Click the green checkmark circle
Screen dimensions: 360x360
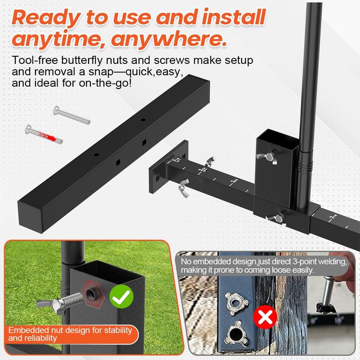point(121,297)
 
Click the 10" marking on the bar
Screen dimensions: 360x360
point(203,170)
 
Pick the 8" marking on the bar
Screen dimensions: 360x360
point(234,182)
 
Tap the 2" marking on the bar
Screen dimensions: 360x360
point(333,216)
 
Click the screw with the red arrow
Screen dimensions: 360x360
point(44,133)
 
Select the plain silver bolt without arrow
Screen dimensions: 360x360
point(72,115)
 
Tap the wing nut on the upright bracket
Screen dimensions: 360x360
point(267,157)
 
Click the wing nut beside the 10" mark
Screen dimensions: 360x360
point(210,162)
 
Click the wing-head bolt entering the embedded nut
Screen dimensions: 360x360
point(60,302)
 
